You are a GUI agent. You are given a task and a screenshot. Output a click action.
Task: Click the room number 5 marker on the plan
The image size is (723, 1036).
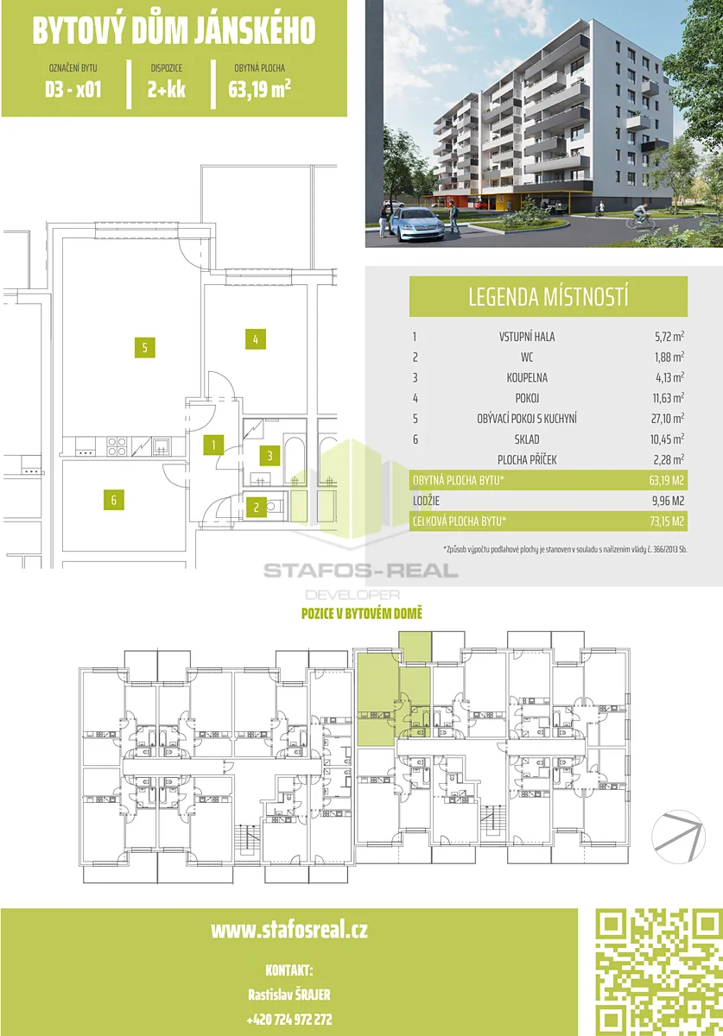point(144,347)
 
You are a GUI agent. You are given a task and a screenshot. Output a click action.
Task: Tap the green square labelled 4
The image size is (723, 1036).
point(256,339)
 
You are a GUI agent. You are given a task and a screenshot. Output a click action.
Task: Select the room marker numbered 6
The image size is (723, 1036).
point(113,500)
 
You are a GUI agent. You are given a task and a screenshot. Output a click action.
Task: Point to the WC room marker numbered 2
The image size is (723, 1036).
point(256,508)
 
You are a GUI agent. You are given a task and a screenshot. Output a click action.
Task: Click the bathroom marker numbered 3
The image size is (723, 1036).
point(270,456)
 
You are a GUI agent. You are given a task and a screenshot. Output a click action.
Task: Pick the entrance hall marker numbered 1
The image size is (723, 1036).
point(213,445)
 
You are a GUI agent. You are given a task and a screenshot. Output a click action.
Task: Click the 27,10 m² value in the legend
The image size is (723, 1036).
point(667,418)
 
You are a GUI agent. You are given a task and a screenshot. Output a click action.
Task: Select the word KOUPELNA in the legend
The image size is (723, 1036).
point(527,377)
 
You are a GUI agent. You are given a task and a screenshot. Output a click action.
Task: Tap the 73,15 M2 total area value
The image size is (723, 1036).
point(667,521)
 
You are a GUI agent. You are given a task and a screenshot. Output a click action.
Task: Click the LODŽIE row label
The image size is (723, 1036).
point(426,501)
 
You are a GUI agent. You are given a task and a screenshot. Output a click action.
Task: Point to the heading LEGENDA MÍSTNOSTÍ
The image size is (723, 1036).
point(548,297)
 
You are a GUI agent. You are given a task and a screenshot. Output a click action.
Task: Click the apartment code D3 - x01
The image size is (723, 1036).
point(73,89)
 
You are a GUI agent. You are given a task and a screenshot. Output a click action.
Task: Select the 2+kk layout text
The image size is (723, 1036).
point(166,89)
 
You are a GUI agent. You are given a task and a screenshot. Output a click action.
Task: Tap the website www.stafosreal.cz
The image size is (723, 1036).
point(289,930)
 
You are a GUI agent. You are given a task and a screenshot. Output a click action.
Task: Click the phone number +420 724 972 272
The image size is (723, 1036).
point(289,1019)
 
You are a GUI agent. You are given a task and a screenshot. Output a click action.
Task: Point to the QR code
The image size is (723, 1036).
point(659,972)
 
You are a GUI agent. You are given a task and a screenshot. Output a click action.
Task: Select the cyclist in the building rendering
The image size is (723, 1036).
point(640,216)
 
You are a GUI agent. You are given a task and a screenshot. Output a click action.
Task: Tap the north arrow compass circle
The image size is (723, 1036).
point(678,837)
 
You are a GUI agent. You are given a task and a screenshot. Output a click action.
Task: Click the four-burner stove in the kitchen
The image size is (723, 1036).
point(117,446)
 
